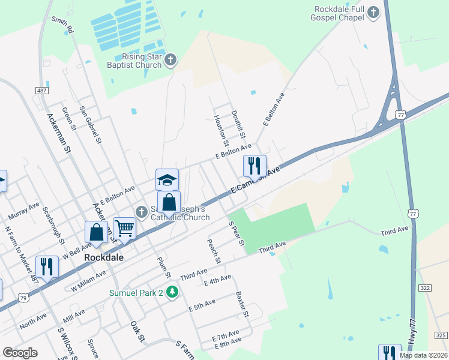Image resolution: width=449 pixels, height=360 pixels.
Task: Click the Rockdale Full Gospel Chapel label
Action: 340,13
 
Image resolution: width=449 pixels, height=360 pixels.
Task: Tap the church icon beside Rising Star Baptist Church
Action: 170,59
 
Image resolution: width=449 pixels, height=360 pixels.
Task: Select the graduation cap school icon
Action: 167,179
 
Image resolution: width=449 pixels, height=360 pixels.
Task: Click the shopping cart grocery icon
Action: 124,227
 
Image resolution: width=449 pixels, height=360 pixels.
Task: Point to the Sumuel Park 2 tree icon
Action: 173,292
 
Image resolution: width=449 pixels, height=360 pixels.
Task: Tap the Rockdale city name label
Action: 104,257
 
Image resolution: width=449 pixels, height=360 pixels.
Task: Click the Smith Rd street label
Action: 62,24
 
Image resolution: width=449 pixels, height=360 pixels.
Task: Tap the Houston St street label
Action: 220,130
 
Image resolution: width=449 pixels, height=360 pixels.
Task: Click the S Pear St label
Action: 237,233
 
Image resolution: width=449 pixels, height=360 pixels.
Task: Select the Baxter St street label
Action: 242,304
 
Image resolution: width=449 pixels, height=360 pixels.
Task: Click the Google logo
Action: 20,353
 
